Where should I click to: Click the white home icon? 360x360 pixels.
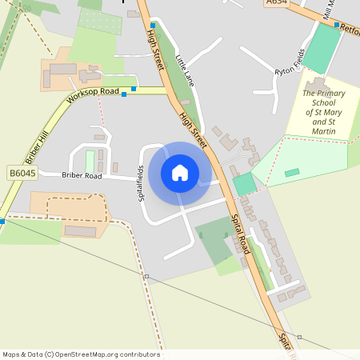point(180,173)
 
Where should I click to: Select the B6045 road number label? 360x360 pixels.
point(22,173)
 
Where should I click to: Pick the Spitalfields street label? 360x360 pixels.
point(141,182)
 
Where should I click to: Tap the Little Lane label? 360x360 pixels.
point(185,72)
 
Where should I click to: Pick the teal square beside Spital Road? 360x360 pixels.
point(245,183)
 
